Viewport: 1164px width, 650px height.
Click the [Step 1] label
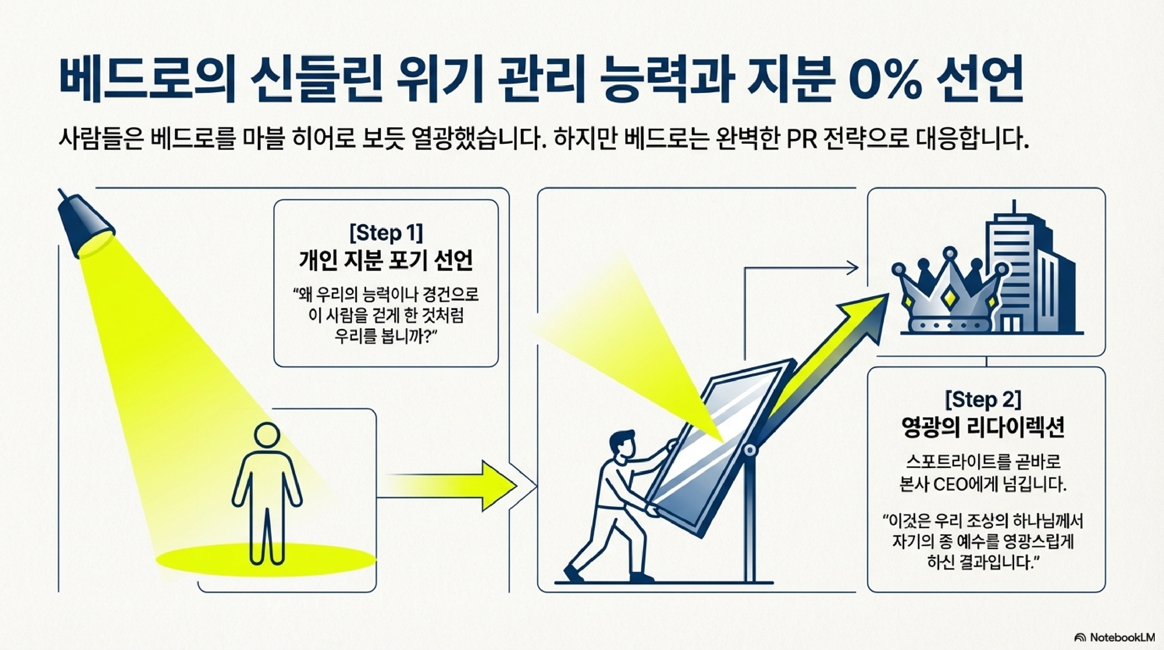(x=387, y=233)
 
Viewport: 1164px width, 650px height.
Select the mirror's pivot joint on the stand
(x=749, y=450)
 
